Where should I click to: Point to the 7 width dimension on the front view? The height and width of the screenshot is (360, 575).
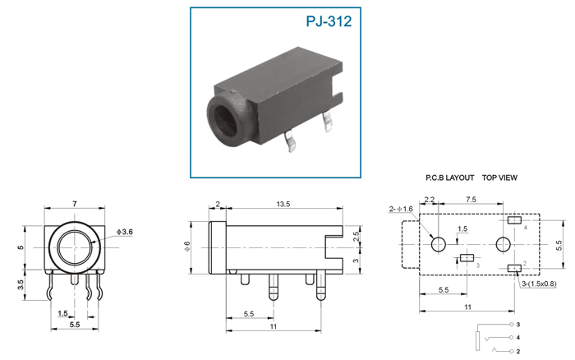point(74,202)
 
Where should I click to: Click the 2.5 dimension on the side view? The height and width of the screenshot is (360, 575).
point(355,236)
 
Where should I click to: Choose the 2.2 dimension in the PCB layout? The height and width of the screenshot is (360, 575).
point(429,200)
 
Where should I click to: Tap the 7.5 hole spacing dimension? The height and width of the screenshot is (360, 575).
point(471,200)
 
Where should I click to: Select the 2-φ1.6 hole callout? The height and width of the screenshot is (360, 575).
point(402,210)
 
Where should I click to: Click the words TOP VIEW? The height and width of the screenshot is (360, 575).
point(499,178)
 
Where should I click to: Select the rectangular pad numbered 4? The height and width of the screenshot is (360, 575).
point(514,221)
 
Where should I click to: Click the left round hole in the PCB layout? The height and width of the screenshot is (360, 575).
point(439,244)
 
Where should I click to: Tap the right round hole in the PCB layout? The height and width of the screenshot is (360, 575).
point(503,244)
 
